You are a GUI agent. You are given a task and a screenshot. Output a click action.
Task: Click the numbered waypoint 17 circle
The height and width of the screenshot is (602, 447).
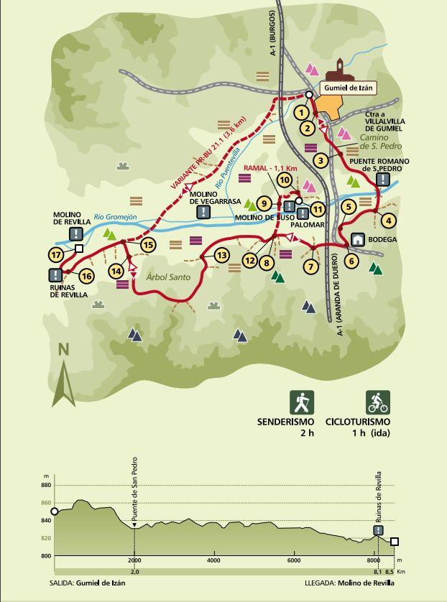55,254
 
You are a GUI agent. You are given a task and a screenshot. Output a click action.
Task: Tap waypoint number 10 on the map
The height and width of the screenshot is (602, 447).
285,180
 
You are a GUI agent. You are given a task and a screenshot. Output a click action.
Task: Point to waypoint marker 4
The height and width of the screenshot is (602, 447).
389,221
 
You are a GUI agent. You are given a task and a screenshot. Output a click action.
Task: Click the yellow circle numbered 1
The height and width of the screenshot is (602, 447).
301,112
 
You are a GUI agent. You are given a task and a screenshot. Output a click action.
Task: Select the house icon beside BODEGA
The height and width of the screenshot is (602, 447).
357,239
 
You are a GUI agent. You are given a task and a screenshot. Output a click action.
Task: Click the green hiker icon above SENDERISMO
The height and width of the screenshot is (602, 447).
300,402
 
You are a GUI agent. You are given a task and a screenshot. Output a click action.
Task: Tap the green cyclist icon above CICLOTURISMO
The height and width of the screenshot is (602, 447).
378,402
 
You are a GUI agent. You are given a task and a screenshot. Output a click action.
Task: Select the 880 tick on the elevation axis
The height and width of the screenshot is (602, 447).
46,486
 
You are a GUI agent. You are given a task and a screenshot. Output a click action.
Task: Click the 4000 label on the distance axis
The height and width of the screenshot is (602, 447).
213,560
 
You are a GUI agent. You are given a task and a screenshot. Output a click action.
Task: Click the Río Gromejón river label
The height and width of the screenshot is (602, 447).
115,216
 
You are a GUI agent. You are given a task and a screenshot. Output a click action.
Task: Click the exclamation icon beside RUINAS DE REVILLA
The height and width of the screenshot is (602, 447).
55,275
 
